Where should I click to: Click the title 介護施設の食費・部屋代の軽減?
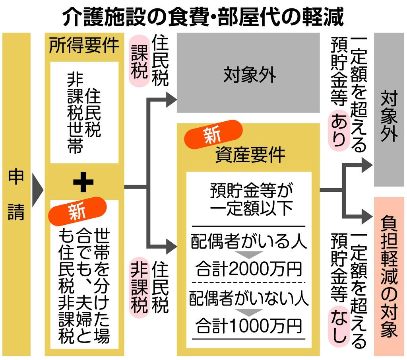click(203, 17)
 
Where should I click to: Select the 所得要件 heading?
click(84, 46)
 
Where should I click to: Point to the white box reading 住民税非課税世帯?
click(84, 112)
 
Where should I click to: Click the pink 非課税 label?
click(138, 288)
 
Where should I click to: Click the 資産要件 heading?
click(250, 155)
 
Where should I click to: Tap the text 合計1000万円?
click(249, 327)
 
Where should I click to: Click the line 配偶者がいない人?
click(249, 299)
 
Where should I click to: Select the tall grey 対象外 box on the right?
click(390, 110)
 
